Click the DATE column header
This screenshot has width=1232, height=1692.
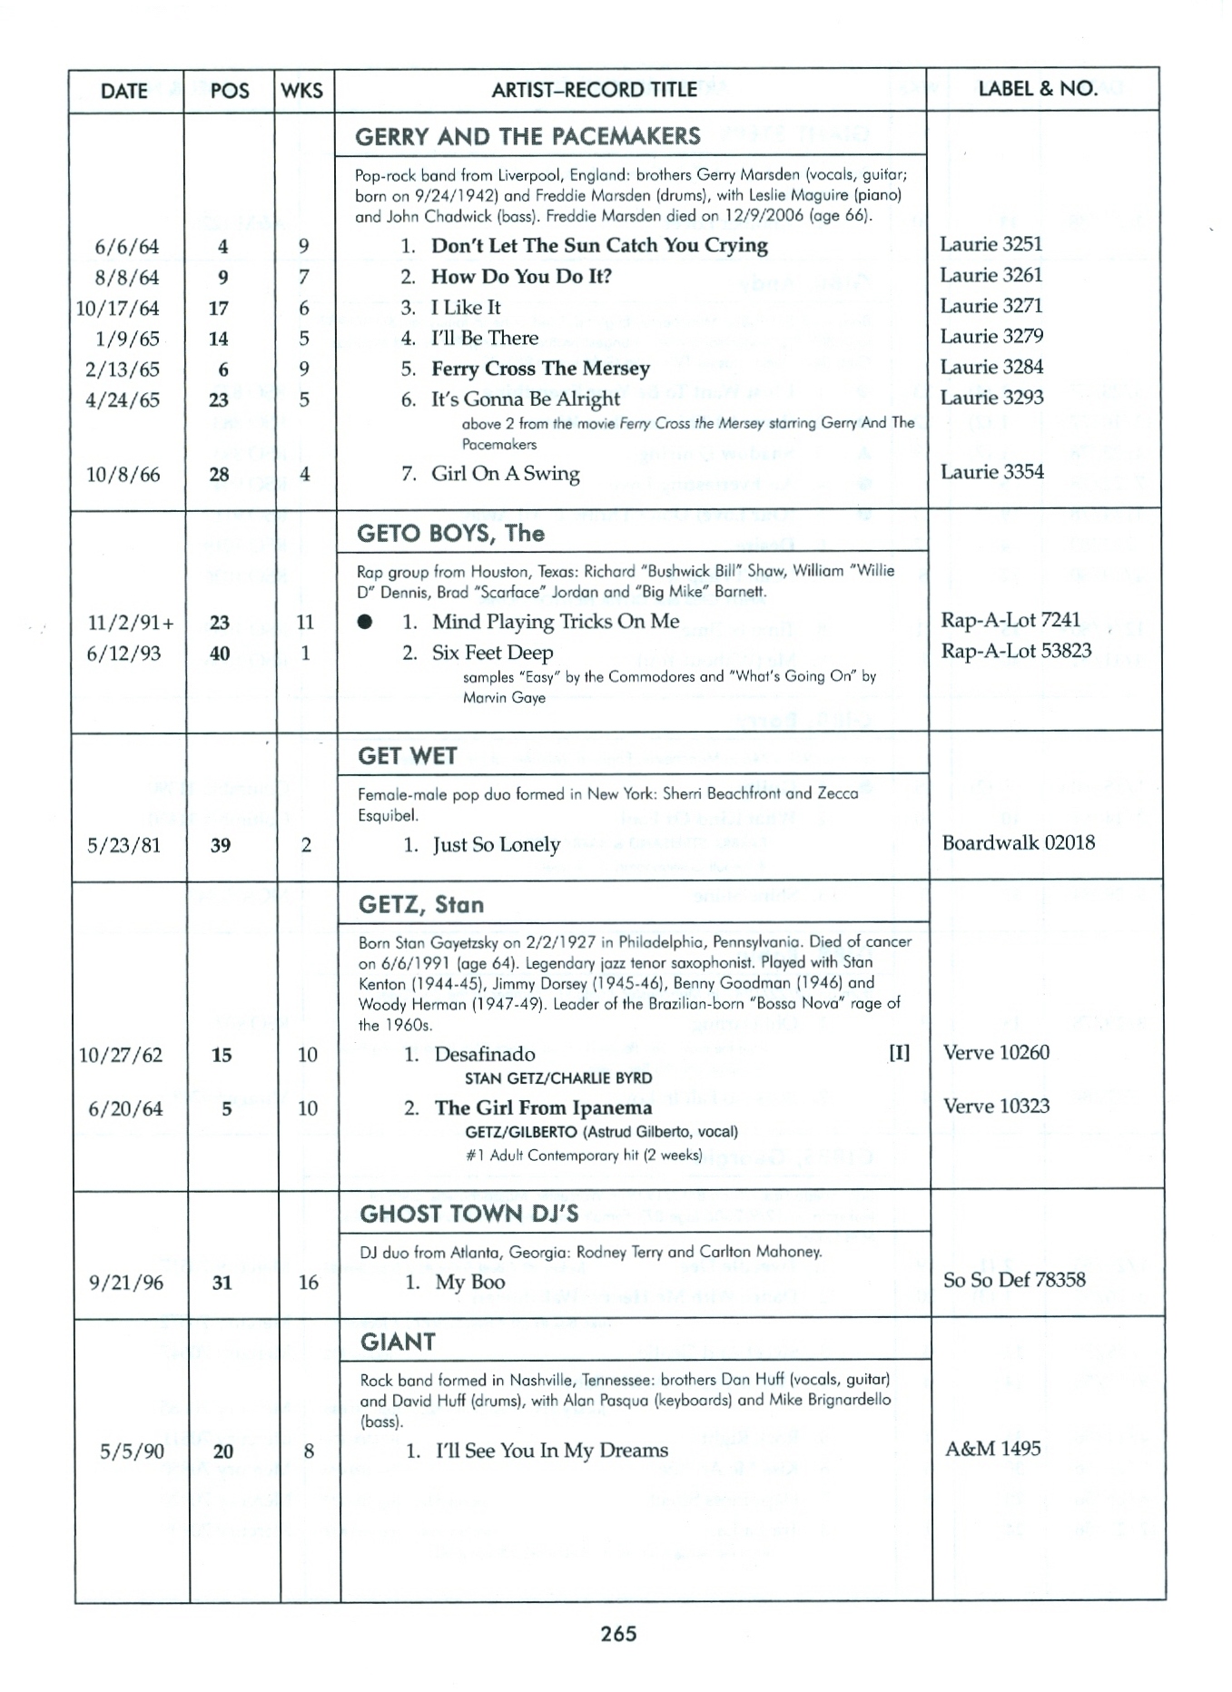point(124,91)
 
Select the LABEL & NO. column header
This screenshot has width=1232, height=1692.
point(1038,89)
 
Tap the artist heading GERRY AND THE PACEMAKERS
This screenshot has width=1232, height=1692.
point(527,136)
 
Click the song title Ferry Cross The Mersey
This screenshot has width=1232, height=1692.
point(540,369)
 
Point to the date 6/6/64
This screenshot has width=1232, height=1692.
point(126,247)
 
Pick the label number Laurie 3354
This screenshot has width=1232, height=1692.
point(991,472)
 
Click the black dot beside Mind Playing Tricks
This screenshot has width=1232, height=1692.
point(365,623)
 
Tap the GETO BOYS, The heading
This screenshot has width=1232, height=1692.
point(450,533)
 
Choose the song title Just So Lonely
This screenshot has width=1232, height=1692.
point(496,845)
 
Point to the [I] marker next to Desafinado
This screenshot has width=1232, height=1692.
point(899,1053)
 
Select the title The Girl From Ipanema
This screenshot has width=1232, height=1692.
point(543,1108)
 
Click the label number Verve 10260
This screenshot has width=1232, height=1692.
point(996,1053)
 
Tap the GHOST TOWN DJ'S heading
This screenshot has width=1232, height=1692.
point(468,1214)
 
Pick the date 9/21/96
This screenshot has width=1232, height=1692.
point(126,1283)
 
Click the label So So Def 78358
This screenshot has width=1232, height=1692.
point(1014,1280)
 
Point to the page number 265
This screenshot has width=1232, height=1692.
point(618,1634)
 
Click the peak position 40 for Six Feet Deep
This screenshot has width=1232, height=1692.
point(220,654)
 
